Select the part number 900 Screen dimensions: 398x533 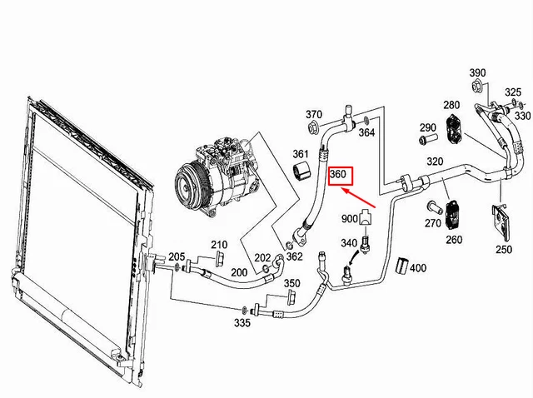350,218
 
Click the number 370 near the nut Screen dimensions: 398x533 313,114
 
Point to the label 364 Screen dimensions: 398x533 366,133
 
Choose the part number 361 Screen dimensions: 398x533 301,154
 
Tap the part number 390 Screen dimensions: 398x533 477,72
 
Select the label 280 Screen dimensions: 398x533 451,106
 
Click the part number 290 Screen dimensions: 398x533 428,127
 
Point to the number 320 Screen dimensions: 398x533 435,162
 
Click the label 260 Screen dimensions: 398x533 454,240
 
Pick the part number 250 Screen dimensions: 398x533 504,249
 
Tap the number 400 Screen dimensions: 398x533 418,268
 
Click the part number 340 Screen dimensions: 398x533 350,243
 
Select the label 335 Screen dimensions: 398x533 242,322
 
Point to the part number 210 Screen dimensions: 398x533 218,245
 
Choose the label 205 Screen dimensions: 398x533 177,256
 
